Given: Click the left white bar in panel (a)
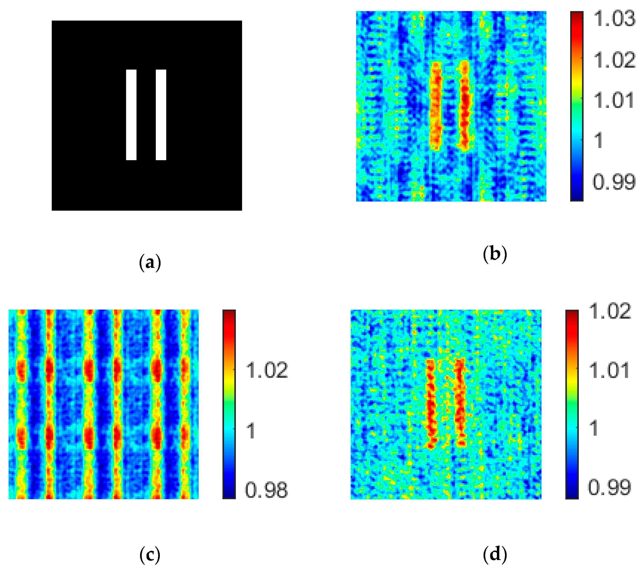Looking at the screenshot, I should tap(131, 115).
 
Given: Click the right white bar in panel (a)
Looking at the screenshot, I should tap(161, 115).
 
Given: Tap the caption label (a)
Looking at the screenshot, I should tap(150, 263).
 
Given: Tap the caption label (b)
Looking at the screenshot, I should tap(495, 254).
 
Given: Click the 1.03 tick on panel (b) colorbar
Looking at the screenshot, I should tap(614, 19).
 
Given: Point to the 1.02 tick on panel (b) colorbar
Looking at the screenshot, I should tap(614, 60).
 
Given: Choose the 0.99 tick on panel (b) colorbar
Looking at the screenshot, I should tap(614, 182).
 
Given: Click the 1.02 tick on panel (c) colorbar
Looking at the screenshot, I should tap(267, 370).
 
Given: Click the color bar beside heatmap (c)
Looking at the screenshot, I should tap(229, 405).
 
